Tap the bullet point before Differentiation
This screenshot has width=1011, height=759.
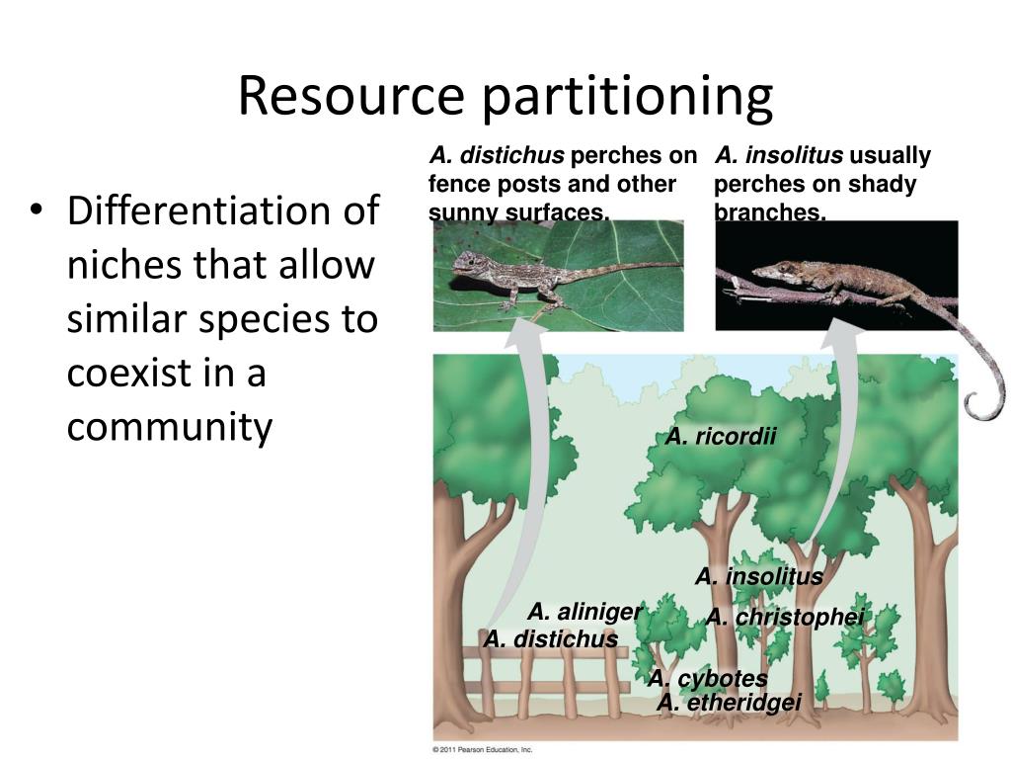[38, 211]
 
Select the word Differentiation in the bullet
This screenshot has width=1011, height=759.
[222, 211]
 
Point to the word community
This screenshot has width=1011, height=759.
[169, 427]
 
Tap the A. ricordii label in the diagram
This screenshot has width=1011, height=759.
[721, 436]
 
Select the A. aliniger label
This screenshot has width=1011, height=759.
[584, 612]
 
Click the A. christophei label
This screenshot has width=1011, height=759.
[785, 618]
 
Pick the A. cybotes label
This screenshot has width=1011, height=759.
[707, 678]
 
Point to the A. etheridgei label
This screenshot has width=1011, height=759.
[729, 703]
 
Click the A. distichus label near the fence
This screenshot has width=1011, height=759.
[550, 639]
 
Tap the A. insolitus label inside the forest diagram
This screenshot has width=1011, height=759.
[758, 576]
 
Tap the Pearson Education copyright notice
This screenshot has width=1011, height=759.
[483, 750]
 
